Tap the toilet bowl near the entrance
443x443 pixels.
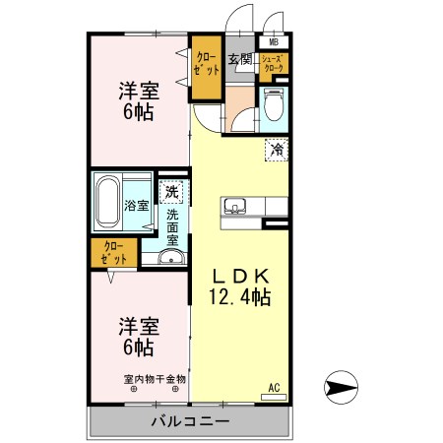coord(273,105)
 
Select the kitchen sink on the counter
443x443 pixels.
coord(234,206)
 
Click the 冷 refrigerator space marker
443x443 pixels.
coord(278,150)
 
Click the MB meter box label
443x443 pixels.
coord(273,42)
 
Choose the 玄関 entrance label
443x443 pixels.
coord(240,60)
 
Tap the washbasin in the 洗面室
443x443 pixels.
coord(171,259)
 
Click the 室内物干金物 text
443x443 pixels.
coord(155,379)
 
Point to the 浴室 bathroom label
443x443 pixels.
coord(137,206)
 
